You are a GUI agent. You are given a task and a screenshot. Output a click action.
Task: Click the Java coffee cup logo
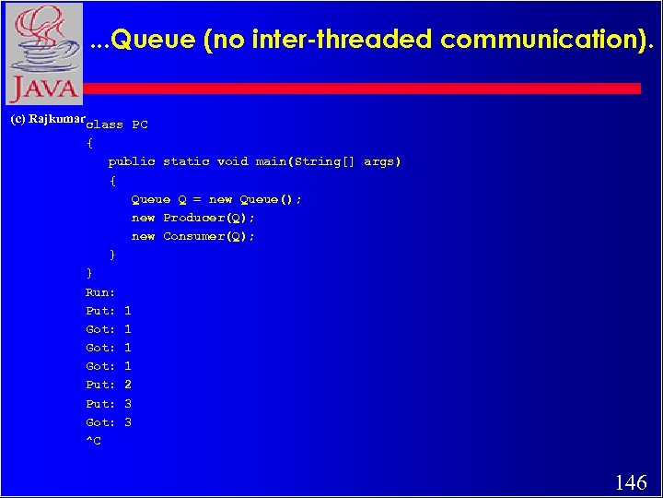point(43,53)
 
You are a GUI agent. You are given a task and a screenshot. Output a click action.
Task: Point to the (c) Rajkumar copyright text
point(46,120)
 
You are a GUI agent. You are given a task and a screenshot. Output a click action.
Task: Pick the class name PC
point(140,125)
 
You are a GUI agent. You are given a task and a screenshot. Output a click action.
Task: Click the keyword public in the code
point(132,161)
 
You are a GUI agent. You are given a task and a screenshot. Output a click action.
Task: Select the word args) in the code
point(382,161)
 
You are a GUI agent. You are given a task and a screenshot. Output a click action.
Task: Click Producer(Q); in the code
point(209,218)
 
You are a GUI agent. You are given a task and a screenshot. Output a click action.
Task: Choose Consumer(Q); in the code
point(209,236)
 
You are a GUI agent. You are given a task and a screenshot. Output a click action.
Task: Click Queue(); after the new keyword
point(271,199)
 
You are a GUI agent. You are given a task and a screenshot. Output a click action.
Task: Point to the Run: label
point(100,292)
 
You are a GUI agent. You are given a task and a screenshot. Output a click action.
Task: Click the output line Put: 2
point(109,385)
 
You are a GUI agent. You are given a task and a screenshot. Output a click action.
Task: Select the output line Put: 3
point(109,404)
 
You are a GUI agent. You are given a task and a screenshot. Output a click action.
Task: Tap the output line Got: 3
point(109,422)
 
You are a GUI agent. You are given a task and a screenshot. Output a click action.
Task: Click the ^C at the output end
point(94,441)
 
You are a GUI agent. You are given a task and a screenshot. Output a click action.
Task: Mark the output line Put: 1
point(109,311)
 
